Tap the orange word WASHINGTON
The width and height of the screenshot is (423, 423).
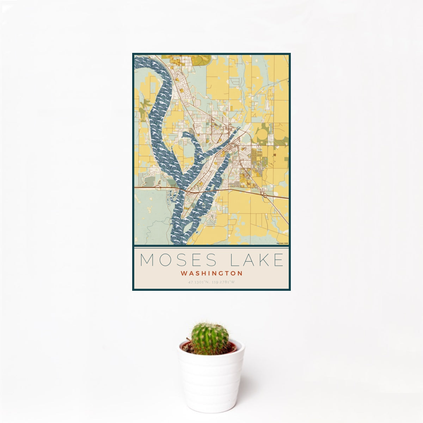coord(211,273)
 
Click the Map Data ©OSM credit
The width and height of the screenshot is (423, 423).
coord(282,243)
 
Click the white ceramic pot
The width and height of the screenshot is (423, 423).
coord(211,381)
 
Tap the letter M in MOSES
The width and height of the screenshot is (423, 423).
coord(148,260)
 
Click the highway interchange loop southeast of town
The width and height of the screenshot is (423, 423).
coord(265,195)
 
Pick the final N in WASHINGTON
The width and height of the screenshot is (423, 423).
coord(240,273)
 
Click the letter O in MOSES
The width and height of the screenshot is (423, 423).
coord(164,260)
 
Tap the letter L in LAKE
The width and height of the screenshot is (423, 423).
coord(234,260)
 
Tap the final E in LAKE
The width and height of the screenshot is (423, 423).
coord(279,260)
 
